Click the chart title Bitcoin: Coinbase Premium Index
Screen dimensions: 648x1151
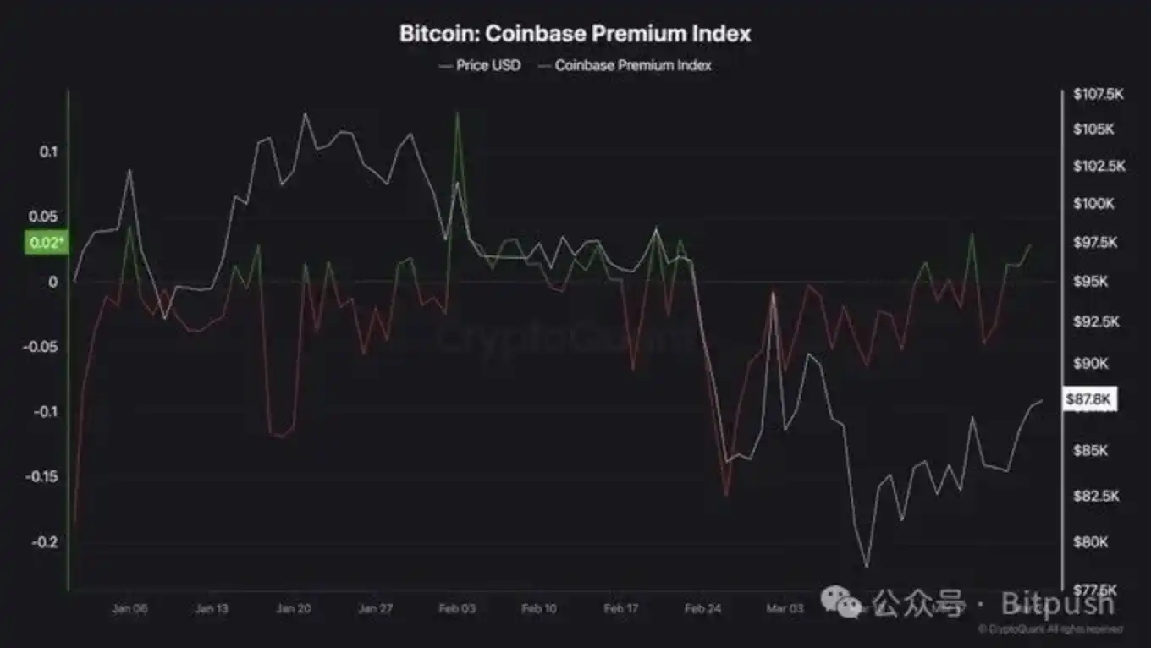coord(575,34)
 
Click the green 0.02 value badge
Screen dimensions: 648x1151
coord(46,244)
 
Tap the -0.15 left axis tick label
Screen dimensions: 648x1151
coord(41,476)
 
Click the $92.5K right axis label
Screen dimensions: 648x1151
coord(1095,321)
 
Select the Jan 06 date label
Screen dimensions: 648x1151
coord(129,608)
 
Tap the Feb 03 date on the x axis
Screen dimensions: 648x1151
coord(457,608)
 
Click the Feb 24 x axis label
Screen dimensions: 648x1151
coord(703,608)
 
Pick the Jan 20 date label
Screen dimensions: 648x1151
coord(294,608)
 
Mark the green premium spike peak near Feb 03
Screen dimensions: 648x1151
coord(457,113)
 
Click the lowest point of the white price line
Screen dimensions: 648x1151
coord(867,567)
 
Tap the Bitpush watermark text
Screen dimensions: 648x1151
coord(1058,603)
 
